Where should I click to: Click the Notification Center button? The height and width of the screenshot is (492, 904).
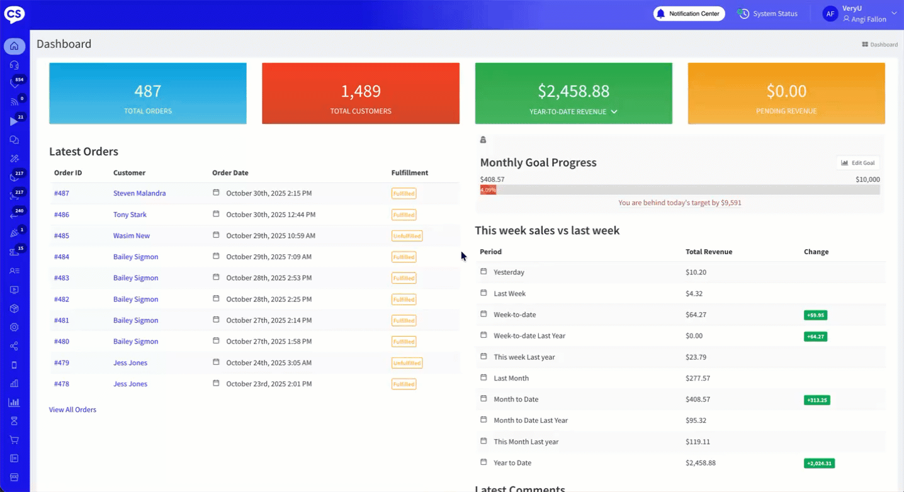point(689,14)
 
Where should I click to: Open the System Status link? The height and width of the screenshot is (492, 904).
point(768,14)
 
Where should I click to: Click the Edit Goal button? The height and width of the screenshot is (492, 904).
point(858,163)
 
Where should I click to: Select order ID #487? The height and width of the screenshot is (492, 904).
point(62,193)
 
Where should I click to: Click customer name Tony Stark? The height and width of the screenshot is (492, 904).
point(130,215)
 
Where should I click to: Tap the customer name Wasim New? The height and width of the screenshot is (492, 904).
point(132,236)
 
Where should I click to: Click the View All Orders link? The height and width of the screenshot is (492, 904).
point(72,410)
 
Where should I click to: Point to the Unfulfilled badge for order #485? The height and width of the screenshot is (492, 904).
point(407,236)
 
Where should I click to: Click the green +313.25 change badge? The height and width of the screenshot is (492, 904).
point(816,400)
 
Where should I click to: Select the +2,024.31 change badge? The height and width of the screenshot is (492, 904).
point(818,463)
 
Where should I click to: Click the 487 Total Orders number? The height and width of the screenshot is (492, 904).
point(148,91)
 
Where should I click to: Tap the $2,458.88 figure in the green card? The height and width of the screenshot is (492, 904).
point(573,91)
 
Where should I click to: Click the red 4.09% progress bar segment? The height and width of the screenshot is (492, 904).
point(488,189)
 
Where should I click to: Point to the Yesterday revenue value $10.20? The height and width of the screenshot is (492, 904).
point(696,272)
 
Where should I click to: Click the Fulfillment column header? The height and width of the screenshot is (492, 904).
point(409,173)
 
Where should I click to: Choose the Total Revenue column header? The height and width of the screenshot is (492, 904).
point(708,252)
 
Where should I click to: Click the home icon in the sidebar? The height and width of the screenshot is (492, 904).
point(14,46)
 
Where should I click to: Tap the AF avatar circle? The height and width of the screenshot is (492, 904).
point(830,14)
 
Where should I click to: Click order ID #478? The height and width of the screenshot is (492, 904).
point(62,384)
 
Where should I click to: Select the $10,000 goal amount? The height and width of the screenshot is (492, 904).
point(867,179)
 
